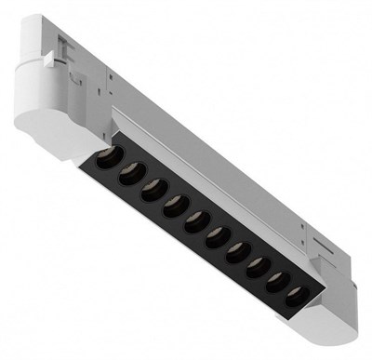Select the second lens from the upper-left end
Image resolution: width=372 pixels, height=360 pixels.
(128, 168)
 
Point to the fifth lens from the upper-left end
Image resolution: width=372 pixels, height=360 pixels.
(195, 219)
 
